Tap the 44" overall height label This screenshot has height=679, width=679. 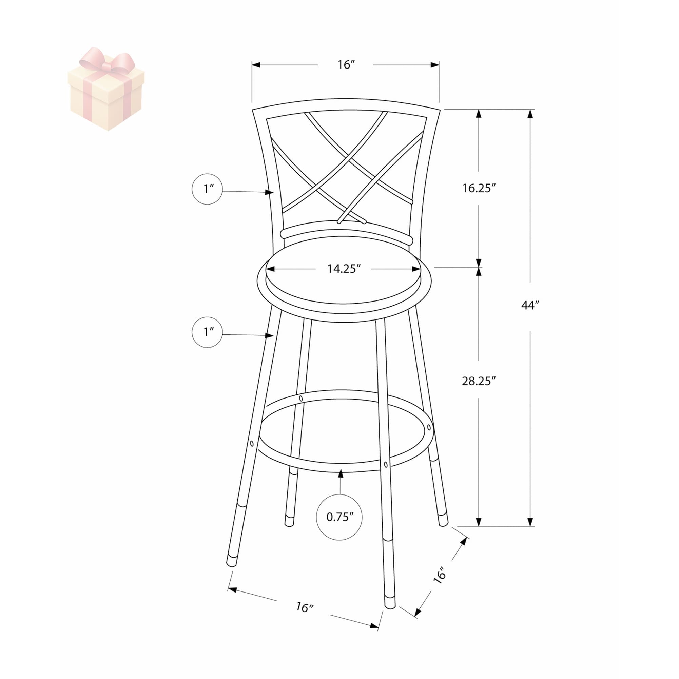[530, 305]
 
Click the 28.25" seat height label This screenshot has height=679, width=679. [479, 381]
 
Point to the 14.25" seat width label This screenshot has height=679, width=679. [344, 269]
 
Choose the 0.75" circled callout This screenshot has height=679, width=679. [339, 517]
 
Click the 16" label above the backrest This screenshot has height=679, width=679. [346, 65]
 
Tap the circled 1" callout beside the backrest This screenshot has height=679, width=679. [207, 189]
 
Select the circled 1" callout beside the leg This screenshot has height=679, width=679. [207, 332]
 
